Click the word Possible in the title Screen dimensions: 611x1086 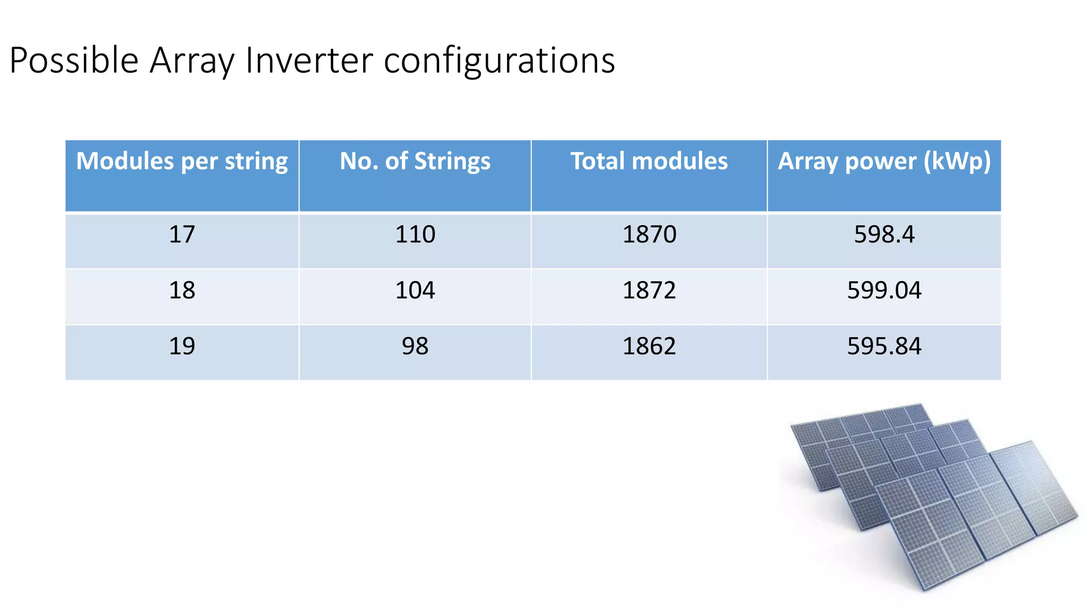point(74,60)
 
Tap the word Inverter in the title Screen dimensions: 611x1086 point(309,60)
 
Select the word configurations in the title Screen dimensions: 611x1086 point(499,60)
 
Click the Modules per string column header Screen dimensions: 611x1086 point(182,161)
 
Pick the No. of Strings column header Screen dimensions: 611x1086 point(415,161)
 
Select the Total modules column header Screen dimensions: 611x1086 point(649,161)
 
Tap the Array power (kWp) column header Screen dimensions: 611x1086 point(884,161)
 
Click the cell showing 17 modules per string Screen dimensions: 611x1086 point(182,234)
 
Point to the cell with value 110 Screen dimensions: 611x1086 point(415,234)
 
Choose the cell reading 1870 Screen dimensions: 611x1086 point(649,234)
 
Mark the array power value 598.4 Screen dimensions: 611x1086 point(884,234)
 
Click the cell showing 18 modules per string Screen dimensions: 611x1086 point(182,291)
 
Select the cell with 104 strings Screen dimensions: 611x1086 point(415,291)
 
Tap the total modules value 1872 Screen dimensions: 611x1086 point(649,291)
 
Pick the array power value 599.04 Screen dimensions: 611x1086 point(884,291)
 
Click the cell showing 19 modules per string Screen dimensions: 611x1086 point(182,346)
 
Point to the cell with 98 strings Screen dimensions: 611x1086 point(415,346)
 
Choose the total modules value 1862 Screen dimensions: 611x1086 point(649,346)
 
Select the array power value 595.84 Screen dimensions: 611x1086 point(884,346)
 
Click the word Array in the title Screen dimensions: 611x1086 point(192,60)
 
